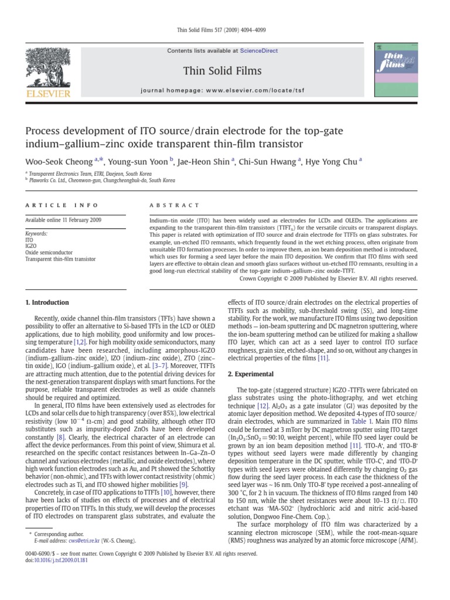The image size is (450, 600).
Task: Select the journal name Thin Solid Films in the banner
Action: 222,71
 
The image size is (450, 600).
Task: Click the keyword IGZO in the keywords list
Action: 32,246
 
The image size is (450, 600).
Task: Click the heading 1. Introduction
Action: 46,302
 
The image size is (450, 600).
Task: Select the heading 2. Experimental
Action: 255,373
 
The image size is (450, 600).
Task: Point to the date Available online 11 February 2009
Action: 63,220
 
